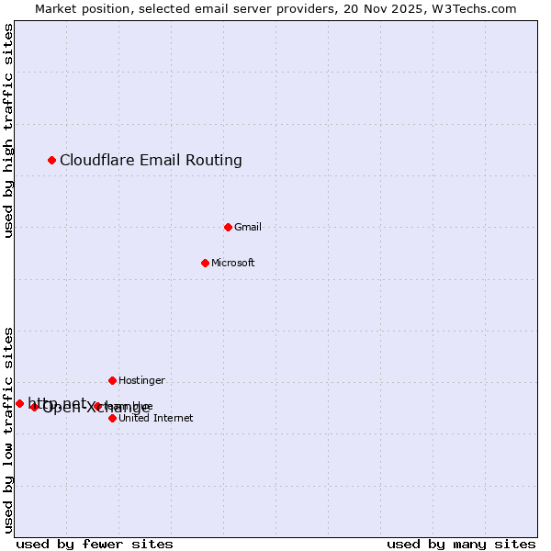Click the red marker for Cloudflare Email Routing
click(x=52, y=161)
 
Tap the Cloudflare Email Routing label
click(x=151, y=161)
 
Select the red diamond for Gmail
click(x=229, y=227)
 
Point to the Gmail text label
click(x=248, y=228)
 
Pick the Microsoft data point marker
click(x=206, y=264)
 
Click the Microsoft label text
click(x=233, y=264)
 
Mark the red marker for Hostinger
click(x=113, y=380)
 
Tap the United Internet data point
click(x=113, y=418)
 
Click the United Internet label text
click(x=156, y=419)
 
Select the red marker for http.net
click(x=19, y=403)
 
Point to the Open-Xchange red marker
click(x=35, y=407)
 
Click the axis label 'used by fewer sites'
click(x=95, y=544)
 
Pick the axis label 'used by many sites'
click(x=461, y=544)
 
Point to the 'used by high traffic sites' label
click(x=8, y=131)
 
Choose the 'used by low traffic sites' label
click(x=8, y=429)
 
